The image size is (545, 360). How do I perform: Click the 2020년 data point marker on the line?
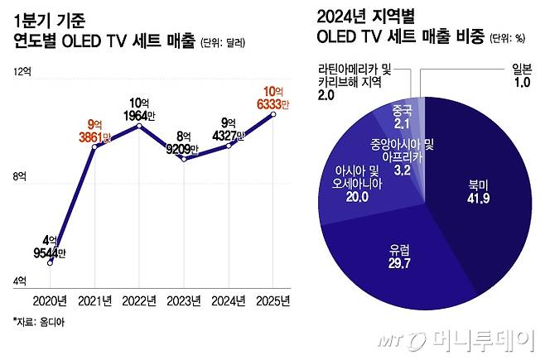51,262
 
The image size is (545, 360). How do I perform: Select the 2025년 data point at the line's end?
273,114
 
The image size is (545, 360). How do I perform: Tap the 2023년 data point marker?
184,158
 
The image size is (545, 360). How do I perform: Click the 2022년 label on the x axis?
139,300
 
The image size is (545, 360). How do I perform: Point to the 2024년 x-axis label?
229,300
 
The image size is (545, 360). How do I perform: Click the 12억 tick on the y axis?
22,73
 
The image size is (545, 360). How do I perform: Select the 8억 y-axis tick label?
22,176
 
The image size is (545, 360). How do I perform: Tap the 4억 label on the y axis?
22,281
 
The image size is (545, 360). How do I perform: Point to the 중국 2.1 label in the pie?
399,118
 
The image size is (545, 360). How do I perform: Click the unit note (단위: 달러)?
224,41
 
